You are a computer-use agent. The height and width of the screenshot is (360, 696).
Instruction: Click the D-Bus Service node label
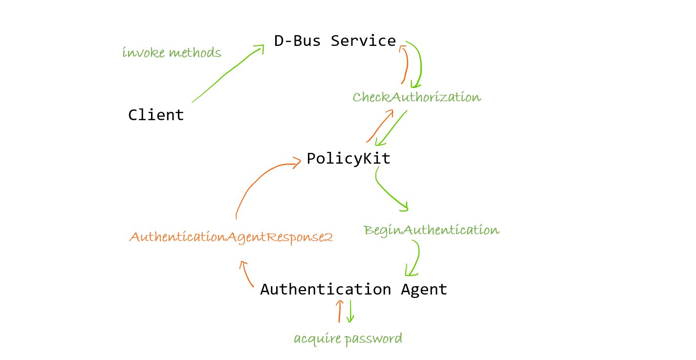(x=335, y=41)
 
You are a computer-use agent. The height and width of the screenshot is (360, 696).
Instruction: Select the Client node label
(x=156, y=115)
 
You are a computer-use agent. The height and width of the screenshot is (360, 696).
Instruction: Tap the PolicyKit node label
(x=348, y=159)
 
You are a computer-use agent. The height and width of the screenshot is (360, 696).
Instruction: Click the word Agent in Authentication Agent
(x=424, y=289)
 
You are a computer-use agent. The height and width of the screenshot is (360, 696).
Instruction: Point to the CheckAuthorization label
(x=416, y=97)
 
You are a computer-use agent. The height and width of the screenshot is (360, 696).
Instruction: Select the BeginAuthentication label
(x=432, y=230)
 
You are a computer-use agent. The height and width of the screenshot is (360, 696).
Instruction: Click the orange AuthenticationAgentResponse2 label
(x=231, y=237)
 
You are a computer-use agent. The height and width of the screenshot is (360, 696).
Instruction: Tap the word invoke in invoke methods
(x=142, y=52)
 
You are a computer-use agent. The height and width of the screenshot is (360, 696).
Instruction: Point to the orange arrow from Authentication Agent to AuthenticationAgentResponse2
(x=247, y=276)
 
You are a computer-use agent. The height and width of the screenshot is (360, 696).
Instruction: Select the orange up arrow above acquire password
(x=340, y=311)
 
